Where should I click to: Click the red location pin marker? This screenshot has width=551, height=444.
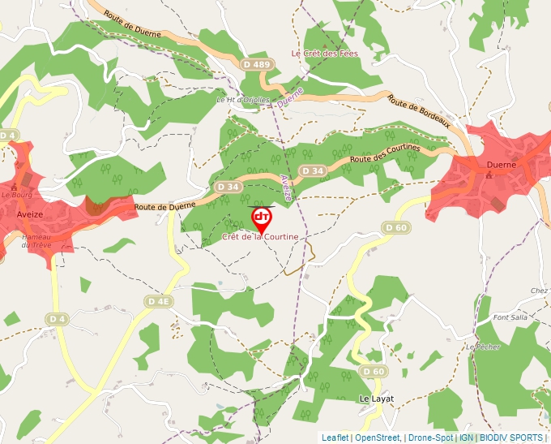(x=262, y=218)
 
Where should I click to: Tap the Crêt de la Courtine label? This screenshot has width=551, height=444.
(x=260, y=237)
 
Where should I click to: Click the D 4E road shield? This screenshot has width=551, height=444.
(x=159, y=301)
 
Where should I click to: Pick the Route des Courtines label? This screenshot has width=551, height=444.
(x=385, y=153)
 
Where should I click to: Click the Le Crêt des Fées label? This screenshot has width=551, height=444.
(x=324, y=54)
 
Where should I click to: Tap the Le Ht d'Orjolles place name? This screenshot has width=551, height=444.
(x=241, y=100)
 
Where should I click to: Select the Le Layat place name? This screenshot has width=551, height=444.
(x=376, y=399)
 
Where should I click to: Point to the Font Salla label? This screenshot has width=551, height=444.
(x=510, y=317)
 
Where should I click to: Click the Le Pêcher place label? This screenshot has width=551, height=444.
(x=484, y=347)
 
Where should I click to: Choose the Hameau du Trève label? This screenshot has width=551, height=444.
(x=36, y=240)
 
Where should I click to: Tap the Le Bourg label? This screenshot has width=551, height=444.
(x=15, y=195)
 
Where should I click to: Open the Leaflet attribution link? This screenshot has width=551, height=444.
(x=335, y=438)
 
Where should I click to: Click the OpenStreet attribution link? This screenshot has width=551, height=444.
(x=377, y=438)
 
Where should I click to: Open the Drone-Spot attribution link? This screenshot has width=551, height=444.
(x=430, y=438)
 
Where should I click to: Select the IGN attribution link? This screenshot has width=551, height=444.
(x=467, y=438)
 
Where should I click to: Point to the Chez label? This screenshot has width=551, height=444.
(x=540, y=291)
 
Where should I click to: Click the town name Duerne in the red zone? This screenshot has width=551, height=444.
(x=501, y=164)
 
